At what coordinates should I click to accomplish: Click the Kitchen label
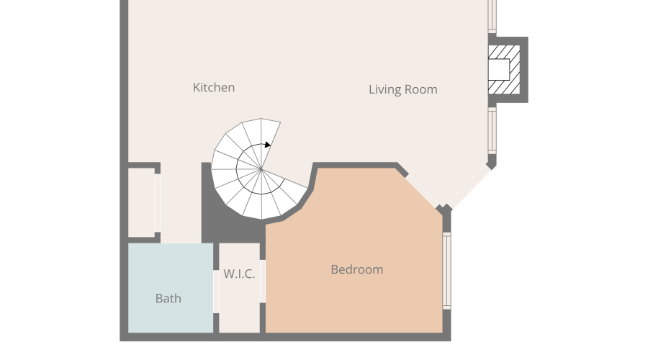pos(214,88)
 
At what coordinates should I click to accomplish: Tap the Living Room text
pos(403,90)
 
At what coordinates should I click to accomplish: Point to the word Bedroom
pos(356,269)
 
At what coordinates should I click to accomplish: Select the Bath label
pos(168,298)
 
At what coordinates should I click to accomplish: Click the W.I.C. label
pos(239,274)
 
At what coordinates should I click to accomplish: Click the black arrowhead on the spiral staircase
pos(268,145)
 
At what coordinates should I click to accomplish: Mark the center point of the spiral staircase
pos(261,169)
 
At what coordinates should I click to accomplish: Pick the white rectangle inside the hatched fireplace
pos(498,69)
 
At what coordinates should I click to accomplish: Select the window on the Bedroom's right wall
pos(446,271)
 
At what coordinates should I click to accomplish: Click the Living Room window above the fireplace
pos(492,16)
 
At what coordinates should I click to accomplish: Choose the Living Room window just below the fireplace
pos(492,130)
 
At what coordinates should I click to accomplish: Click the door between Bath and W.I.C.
pos(216,292)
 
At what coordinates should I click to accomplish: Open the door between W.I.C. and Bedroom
pos(262,281)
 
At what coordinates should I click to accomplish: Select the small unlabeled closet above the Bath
pos(141,202)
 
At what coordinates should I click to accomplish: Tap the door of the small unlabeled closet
pos(158,203)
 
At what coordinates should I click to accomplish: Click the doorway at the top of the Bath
pos(181,240)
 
